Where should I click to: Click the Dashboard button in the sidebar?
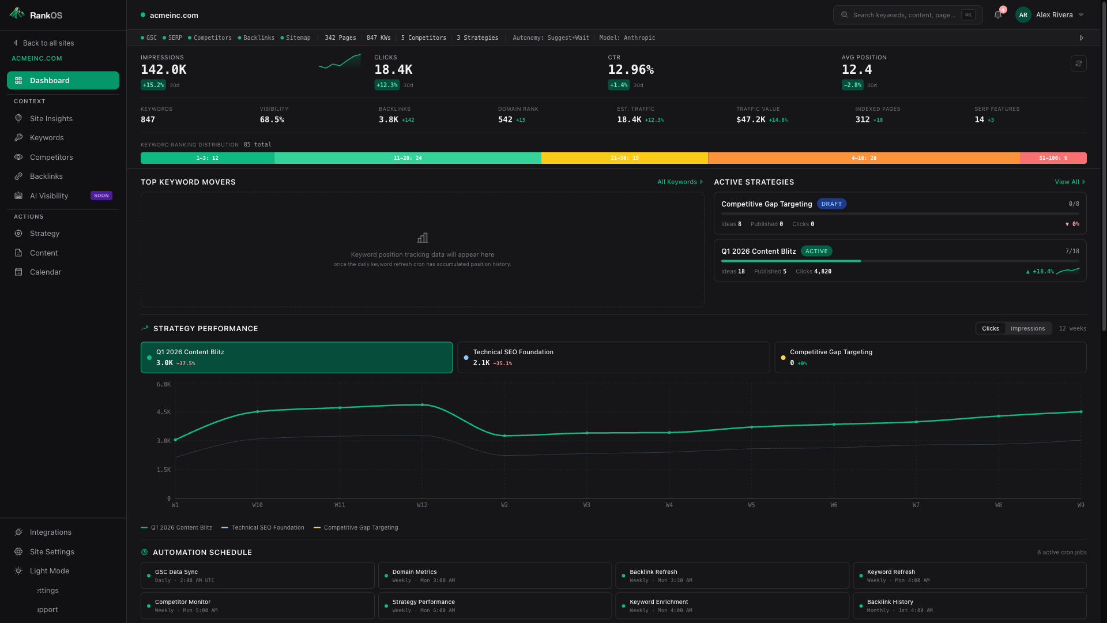(63, 80)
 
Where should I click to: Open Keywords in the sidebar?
(47, 138)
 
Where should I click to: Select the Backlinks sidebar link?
(46, 177)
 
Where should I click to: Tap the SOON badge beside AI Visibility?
(101, 196)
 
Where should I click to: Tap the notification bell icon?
(998, 15)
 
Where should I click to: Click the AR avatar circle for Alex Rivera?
(1023, 15)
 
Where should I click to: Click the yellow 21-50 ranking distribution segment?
(624, 158)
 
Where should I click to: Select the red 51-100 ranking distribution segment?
(1053, 158)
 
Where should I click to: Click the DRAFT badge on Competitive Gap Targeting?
(831, 204)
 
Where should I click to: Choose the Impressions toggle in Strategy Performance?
(1027, 329)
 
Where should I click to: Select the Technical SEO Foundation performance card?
(613, 358)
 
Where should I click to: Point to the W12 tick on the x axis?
(422, 505)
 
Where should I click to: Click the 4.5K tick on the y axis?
(164, 412)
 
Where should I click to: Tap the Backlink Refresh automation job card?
(732, 576)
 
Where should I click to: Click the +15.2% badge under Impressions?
(153, 85)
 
